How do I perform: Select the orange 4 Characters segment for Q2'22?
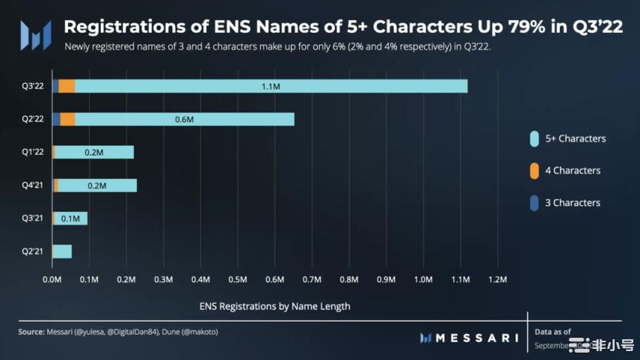click(x=67, y=119)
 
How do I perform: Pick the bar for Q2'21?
click(x=62, y=251)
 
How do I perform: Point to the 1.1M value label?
click(x=270, y=87)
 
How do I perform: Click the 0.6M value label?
click(x=184, y=119)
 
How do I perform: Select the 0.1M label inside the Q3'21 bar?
click(x=71, y=219)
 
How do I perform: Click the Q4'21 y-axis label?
click(x=33, y=185)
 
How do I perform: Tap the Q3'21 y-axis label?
click(x=33, y=219)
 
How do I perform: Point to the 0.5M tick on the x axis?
click(x=238, y=280)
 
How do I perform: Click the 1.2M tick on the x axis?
click(x=497, y=280)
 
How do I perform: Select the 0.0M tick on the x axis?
click(x=52, y=280)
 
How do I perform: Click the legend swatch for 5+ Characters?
click(x=534, y=139)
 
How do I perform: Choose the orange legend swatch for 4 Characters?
click(x=534, y=170)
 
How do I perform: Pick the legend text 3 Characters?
click(x=573, y=202)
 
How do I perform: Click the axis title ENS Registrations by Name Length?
click(x=275, y=305)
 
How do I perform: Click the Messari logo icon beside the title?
click(x=36, y=34)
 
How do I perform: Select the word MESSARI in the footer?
click(x=477, y=338)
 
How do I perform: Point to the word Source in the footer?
click(x=31, y=332)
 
